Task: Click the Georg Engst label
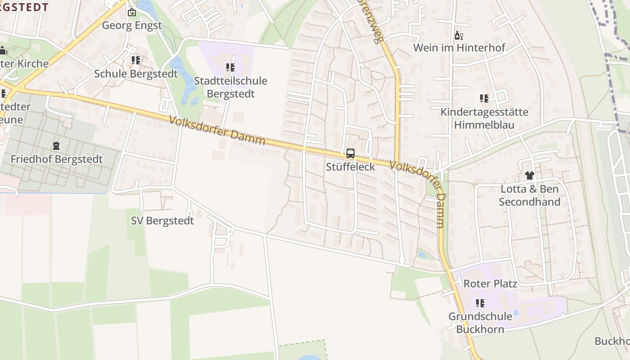point(131,26)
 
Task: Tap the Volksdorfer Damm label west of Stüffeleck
point(217,130)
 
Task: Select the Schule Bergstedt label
point(136,74)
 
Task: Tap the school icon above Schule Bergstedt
point(135,60)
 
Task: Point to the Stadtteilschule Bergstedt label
point(230,87)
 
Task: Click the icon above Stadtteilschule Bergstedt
point(230,68)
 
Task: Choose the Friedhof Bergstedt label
point(57,159)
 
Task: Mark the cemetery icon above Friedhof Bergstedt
point(56,146)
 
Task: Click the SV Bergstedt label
point(162,221)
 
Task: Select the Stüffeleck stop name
point(351,167)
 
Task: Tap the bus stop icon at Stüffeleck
point(351,153)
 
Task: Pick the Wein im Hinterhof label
point(459,48)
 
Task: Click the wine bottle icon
point(459,36)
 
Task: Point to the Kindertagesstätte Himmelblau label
point(484,118)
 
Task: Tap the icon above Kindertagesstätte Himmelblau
point(484,99)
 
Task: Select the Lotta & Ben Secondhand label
point(530,195)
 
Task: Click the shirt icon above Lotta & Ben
point(529,175)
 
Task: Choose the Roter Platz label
point(490,284)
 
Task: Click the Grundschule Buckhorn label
point(480,323)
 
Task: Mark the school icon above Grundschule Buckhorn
point(480,303)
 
